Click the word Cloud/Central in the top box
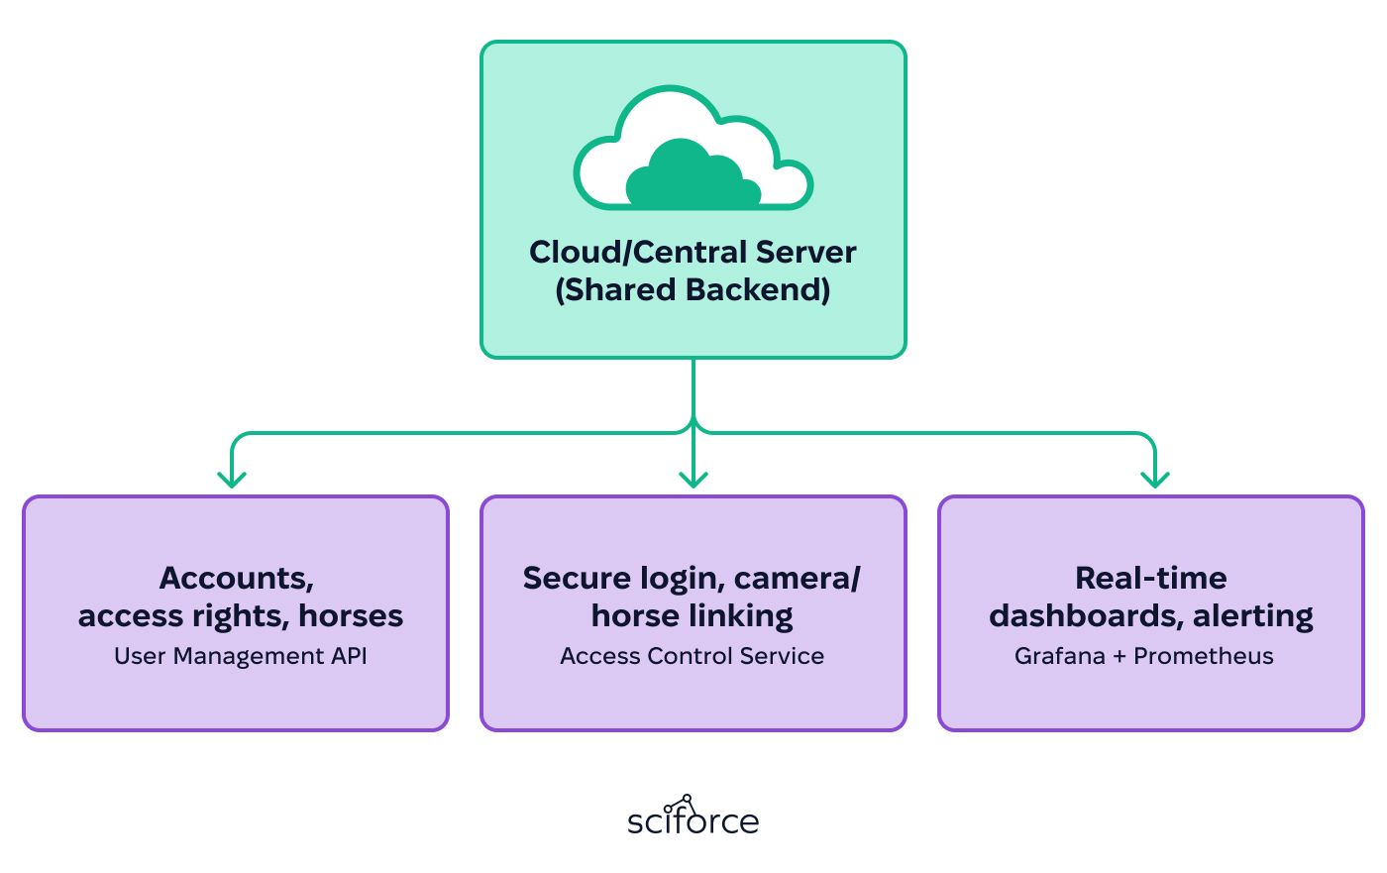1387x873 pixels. coord(638,252)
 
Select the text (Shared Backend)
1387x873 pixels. coord(693,289)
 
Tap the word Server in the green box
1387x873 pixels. coord(806,252)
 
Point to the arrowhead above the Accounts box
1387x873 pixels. coord(232,480)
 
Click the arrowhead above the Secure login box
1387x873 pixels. coord(693,480)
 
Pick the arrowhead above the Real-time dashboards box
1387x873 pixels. coord(1155,480)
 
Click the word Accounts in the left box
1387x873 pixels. coord(237,579)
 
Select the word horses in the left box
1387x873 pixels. coord(351,616)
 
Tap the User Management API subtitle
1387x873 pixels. coord(240,656)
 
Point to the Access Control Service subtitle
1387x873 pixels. coord(693,656)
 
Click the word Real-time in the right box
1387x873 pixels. coord(1151,579)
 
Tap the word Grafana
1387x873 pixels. coord(1059,656)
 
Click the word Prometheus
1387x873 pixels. coord(1203,656)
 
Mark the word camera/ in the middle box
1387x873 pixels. coord(797,579)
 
